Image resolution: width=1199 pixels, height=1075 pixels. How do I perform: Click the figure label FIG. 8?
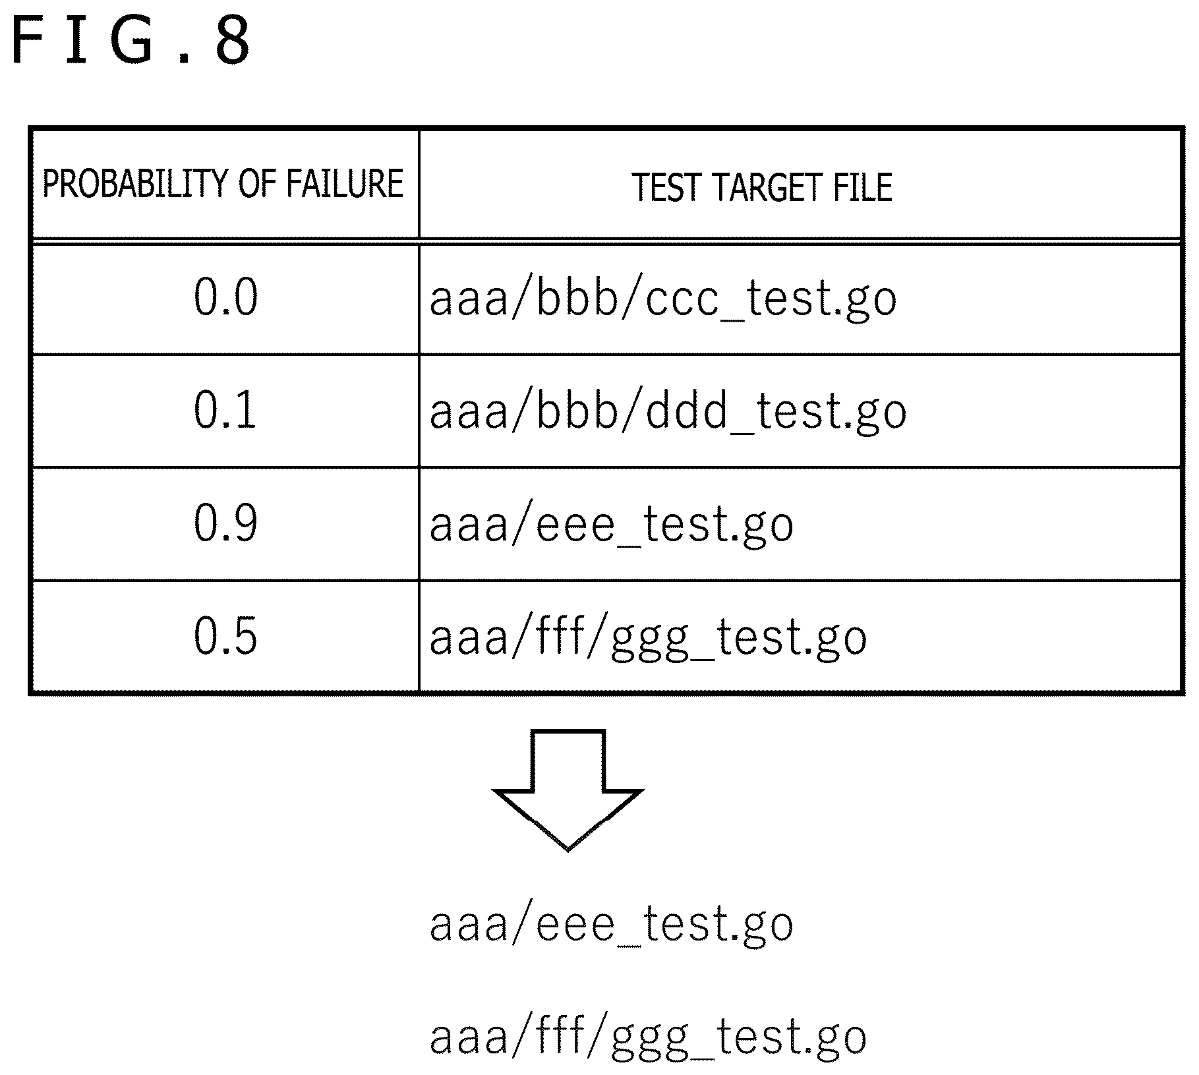131,41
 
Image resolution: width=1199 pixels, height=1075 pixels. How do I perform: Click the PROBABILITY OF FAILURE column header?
223,184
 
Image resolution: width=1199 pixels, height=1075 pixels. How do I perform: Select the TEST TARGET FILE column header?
762,187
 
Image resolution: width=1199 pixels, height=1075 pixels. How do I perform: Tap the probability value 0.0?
225,297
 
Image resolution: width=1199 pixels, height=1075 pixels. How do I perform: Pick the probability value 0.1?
225,410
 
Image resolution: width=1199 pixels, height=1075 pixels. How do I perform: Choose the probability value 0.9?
225,523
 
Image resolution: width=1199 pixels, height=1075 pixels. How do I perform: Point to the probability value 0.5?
225,636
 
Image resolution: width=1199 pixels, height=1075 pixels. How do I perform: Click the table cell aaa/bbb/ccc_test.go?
663,300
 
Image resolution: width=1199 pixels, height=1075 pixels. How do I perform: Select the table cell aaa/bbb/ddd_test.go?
668,413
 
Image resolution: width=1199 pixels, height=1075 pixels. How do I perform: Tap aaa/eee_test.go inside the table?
612,526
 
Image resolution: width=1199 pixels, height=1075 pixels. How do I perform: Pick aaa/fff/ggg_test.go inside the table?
649,638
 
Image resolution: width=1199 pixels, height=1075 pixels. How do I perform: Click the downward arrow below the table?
568,790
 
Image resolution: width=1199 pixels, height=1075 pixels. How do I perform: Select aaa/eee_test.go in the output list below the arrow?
612,925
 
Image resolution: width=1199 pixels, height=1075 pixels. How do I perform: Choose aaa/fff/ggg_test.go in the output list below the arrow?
649,1037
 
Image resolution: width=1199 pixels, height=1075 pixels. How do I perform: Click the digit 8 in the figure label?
232,41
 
